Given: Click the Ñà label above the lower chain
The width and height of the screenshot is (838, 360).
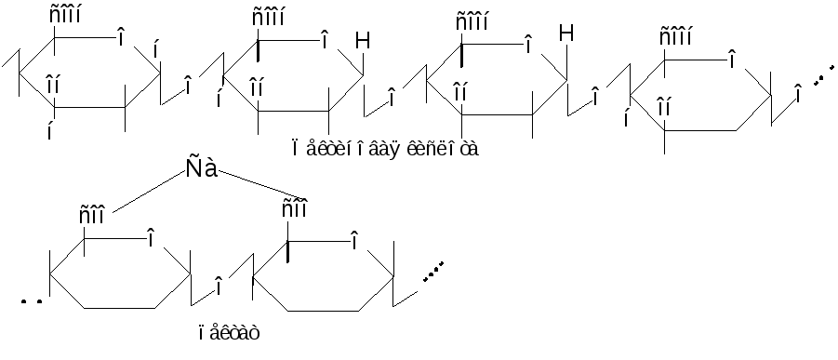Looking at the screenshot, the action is point(202,168).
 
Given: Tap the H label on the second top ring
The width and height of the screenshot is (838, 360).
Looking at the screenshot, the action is point(363,41).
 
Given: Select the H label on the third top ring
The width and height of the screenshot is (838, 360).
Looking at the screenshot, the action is point(566,33).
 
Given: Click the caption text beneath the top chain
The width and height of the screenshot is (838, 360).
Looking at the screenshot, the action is point(385,148).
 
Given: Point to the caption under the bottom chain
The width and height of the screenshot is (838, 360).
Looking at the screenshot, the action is point(229,333).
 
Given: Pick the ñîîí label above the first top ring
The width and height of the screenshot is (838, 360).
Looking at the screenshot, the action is point(65,15).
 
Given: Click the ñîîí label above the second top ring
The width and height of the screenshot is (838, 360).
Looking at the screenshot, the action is point(268,17).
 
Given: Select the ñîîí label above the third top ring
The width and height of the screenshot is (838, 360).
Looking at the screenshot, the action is point(472,22).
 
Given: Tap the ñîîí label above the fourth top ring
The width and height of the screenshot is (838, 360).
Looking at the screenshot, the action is point(675,37).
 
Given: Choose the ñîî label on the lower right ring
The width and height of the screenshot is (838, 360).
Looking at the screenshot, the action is point(294,208).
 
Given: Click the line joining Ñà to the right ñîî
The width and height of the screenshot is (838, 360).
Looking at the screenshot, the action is point(260,184).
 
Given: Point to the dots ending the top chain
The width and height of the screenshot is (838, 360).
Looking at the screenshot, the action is point(823,75).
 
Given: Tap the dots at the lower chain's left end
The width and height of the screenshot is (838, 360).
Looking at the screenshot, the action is point(32,301).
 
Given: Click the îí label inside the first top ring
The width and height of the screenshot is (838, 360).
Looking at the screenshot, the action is point(52,84).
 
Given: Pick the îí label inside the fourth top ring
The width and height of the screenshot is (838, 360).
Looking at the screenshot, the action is point(663,107).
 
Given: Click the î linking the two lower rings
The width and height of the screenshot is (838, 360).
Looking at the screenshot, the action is point(219,286).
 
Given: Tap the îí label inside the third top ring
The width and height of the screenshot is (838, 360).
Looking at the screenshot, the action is point(460,91).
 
